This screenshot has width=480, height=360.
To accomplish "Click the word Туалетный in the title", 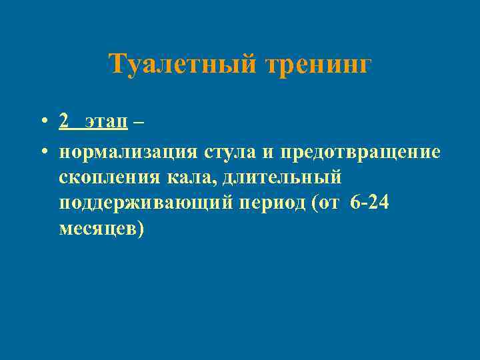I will point(183,65).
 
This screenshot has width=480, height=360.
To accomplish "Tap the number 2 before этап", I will point(63,121).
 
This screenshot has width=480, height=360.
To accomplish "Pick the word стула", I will point(230,152).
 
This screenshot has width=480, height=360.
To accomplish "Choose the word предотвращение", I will point(360,152).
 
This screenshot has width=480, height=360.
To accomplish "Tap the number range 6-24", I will point(369,203).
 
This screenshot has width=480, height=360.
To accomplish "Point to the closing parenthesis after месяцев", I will point(139,229).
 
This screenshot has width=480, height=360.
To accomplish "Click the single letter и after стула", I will point(267,153).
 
